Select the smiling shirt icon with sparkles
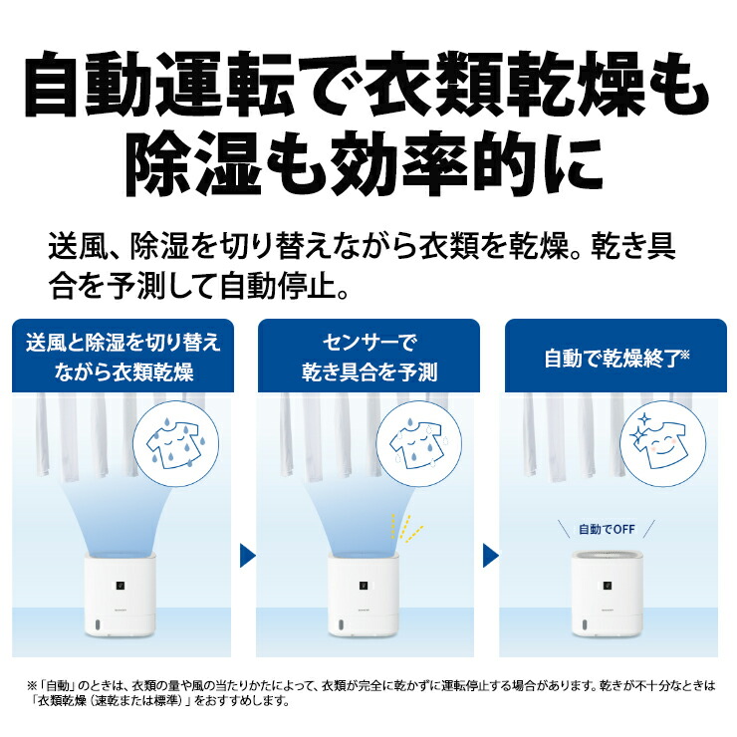pos(663,437)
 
